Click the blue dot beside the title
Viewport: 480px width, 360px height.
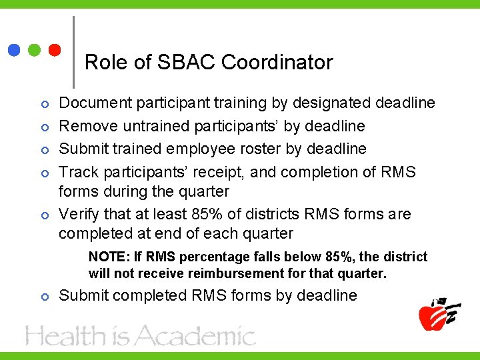(x=13, y=50)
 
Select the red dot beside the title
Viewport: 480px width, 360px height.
(x=55, y=50)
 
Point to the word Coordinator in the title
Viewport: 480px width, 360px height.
(x=277, y=63)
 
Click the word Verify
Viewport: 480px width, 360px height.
(x=79, y=215)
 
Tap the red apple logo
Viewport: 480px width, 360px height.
(x=437, y=313)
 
